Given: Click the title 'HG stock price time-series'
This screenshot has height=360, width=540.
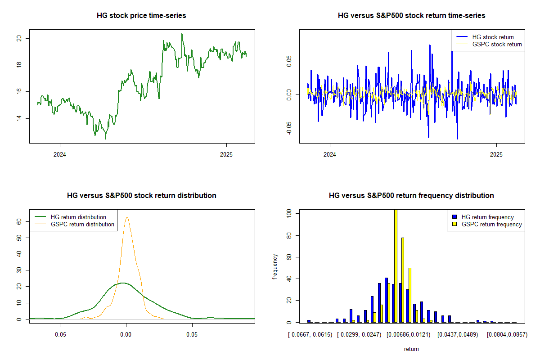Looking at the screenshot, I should pos(141,16).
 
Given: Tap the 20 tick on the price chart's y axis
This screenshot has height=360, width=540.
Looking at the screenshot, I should pos(19,38).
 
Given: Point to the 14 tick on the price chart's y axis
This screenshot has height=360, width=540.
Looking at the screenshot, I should pos(19,118).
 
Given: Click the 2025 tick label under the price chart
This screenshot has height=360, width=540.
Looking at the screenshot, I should pos(226,155).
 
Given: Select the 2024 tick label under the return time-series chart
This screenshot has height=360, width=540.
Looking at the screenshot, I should pos(330,155).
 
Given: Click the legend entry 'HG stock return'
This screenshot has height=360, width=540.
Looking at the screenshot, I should pos(493,37).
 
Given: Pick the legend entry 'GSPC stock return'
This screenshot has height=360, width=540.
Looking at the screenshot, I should pos(497,45).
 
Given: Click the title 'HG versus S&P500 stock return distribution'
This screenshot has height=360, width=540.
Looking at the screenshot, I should pos(141,196).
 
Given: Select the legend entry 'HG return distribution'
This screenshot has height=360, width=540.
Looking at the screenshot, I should pos(78,217).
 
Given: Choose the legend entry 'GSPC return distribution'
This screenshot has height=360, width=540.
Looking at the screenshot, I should pos(82,224).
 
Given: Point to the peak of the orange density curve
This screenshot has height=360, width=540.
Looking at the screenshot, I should pos(127,217).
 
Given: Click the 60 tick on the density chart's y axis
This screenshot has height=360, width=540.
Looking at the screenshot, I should pos(19,221).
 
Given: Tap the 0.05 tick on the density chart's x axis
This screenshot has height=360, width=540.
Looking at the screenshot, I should pos(192,335).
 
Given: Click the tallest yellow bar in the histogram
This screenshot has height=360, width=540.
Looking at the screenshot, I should pos(396,265).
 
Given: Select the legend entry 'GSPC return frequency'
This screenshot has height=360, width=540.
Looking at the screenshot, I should pos(492,224).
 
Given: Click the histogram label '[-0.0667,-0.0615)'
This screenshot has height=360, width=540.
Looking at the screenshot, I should pos(310,335).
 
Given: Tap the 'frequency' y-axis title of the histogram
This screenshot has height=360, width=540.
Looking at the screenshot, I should pos(275,267).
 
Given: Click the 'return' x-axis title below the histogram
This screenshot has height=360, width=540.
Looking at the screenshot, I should pos(411,349).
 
